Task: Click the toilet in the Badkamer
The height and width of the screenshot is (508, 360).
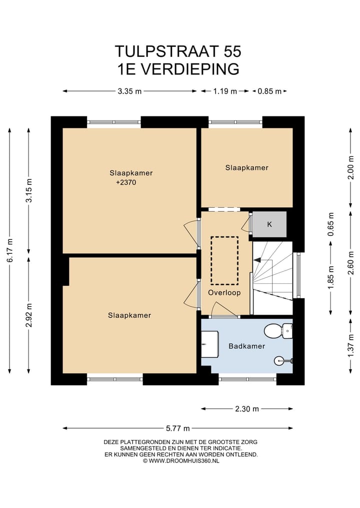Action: click(x=278, y=331)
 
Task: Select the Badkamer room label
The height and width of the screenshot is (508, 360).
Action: click(x=247, y=346)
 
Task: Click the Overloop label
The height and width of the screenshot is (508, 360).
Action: click(x=224, y=293)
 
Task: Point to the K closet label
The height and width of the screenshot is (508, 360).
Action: click(x=269, y=224)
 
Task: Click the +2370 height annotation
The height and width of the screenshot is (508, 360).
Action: click(x=126, y=182)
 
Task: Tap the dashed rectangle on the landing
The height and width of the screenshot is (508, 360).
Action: click(x=224, y=260)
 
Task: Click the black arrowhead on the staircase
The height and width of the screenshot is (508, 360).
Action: click(x=257, y=260)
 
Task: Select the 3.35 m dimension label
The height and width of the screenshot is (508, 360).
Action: click(x=129, y=91)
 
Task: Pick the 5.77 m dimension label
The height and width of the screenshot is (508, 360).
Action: click(x=177, y=428)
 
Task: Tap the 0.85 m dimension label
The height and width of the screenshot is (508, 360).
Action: click(x=269, y=91)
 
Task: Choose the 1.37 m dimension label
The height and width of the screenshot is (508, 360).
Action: click(x=350, y=346)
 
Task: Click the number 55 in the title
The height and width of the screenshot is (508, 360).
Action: click(x=232, y=51)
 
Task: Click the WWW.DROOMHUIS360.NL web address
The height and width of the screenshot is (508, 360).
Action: click(x=184, y=461)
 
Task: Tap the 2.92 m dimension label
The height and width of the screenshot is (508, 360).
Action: click(x=29, y=315)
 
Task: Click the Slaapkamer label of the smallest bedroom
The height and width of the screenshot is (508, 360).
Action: click(x=247, y=167)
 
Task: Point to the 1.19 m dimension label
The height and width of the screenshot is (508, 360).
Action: click(x=225, y=91)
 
